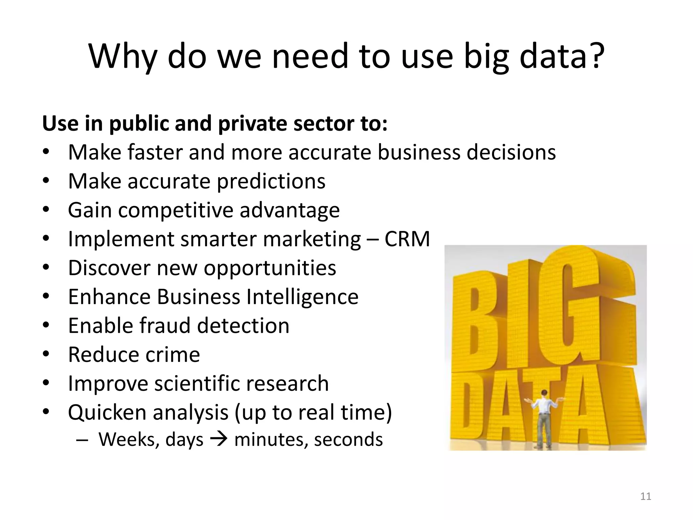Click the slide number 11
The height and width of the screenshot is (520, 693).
point(646,496)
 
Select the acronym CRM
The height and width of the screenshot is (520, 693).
point(407,239)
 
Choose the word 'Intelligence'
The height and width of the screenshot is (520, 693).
point(302,297)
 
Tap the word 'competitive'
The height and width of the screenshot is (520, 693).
point(176,210)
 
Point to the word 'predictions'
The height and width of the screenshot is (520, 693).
point(271,181)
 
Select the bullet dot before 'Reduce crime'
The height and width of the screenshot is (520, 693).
point(46,354)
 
